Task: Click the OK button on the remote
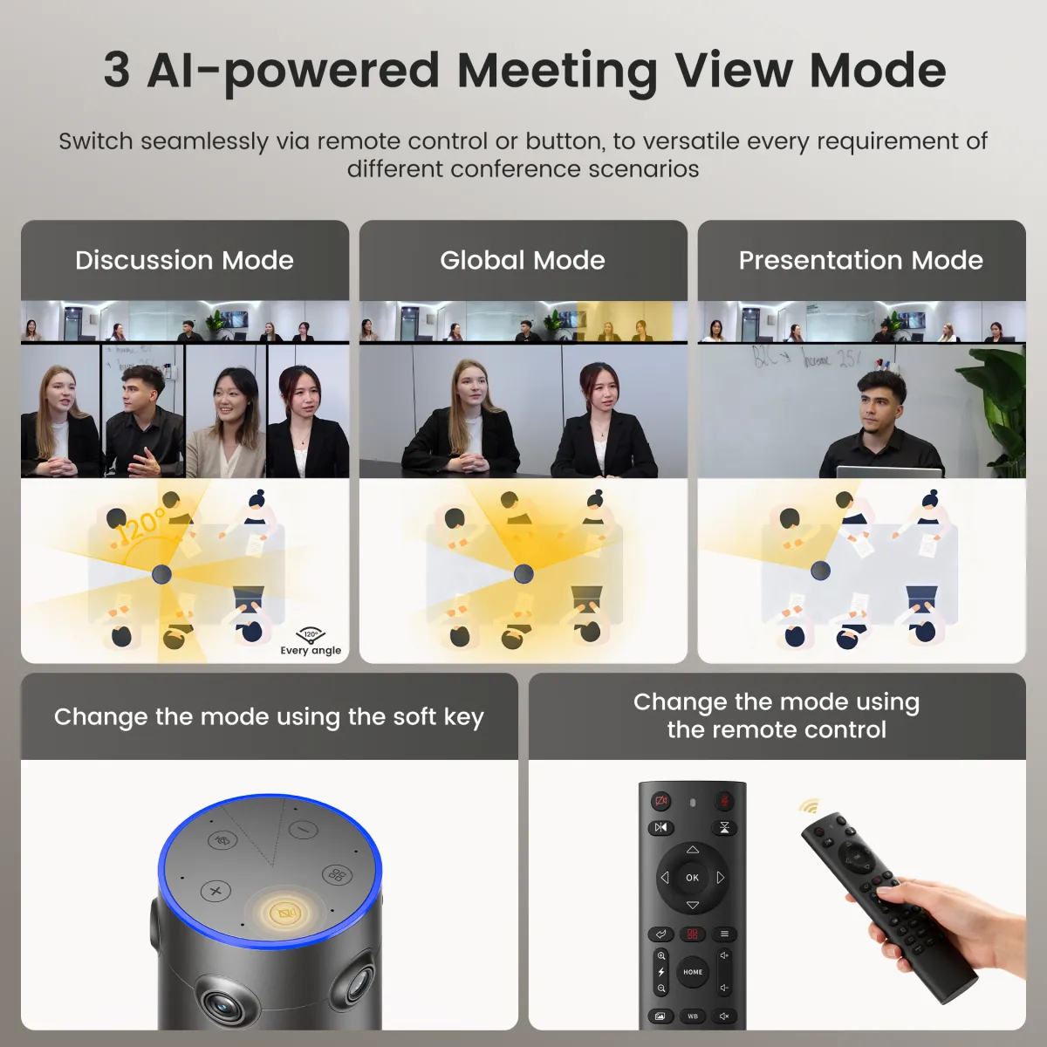click(692, 878)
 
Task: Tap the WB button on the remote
click(693, 1016)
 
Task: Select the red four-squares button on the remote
click(692, 934)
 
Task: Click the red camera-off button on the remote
click(660, 801)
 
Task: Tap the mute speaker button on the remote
click(724, 1016)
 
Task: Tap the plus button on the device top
click(216, 891)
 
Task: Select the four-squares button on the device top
click(337, 875)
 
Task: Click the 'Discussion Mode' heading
click(184, 260)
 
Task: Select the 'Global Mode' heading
click(523, 260)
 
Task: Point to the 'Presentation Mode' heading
click(861, 260)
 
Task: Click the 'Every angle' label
click(311, 650)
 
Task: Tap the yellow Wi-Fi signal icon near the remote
click(810, 806)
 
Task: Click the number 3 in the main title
click(117, 70)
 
